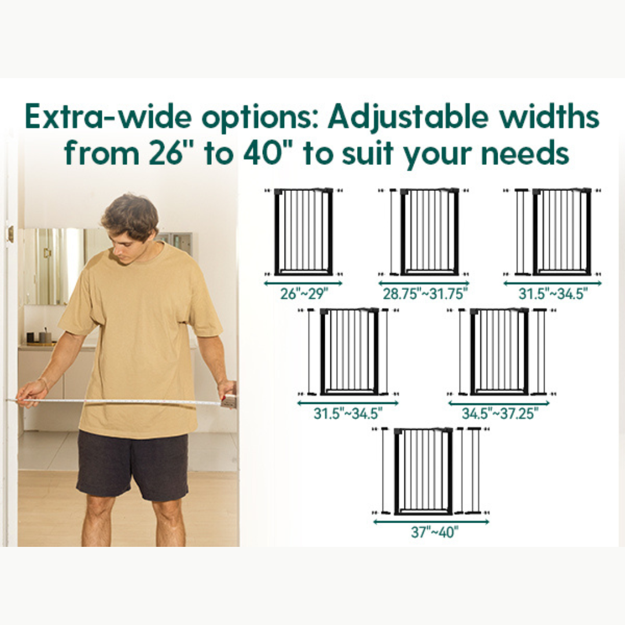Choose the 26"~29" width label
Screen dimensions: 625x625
coord(303,294)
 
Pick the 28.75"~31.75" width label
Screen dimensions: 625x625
coord(424,294)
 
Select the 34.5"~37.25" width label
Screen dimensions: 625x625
coord(500,414)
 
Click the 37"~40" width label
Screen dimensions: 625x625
coord(434,532)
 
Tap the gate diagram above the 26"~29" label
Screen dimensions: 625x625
coord(303,231)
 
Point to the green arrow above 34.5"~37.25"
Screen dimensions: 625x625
coord(498,403)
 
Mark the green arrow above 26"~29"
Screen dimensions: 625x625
coord(303,284)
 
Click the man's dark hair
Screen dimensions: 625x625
coord(131,214)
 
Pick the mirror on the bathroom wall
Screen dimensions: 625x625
coord(55,266)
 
